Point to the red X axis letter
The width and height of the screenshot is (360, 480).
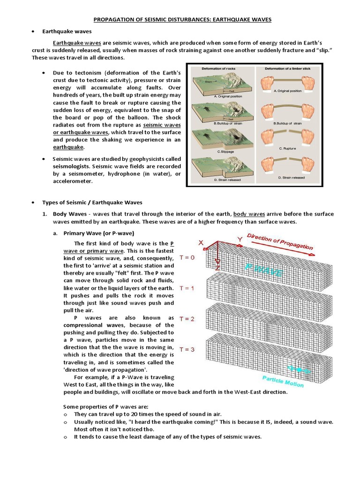point(201,243)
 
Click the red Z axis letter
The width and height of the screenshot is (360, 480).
point(217,268)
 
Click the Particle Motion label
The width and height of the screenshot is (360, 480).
point(283,381)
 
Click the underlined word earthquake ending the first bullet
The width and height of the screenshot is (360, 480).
point(68,147)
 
